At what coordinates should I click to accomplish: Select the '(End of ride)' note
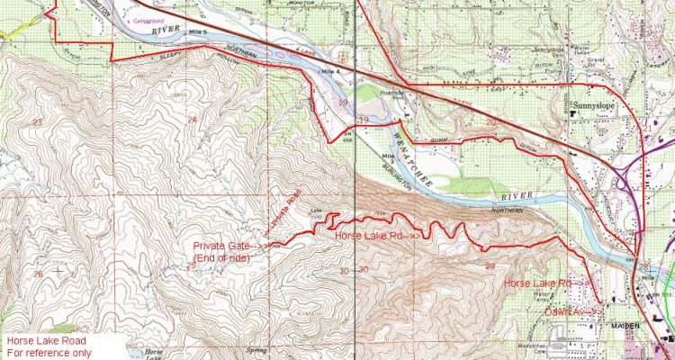click(221, 259)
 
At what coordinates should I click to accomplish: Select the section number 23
click(37, 121)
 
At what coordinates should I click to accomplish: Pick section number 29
click(490, 268)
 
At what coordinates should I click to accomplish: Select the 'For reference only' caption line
click(46, 353)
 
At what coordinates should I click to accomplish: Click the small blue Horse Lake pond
click(144, 356)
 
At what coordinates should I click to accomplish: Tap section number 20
click(490, 120)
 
